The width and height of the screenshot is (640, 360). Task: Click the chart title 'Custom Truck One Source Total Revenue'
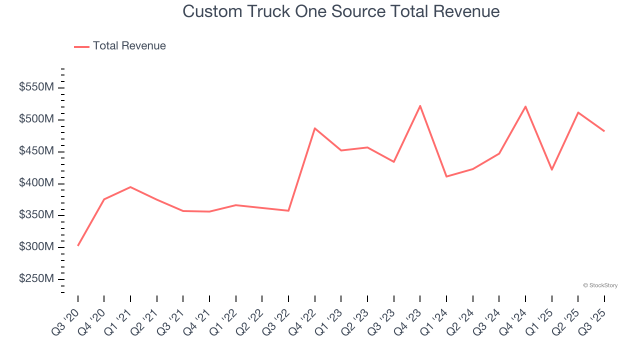click(x=341, y=11)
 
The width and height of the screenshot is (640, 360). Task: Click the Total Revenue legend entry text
click(x=129, y=46)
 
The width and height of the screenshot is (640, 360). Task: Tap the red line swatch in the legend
click(x=81, y=46)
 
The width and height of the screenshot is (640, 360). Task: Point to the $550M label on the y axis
click(x=36, y=87)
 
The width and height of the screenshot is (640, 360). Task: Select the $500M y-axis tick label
click(x=36, y=119)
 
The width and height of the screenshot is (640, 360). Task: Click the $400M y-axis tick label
click(x=36, y=183)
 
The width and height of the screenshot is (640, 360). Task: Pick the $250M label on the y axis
click(x=36, y=279)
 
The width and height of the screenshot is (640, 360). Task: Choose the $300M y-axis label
click(x=36, y=247)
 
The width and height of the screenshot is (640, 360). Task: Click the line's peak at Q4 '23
click(x=420, y=105)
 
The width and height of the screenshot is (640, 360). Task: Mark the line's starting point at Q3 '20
click(x=78, y=245)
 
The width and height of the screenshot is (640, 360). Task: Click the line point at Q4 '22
click(x=315, y=128)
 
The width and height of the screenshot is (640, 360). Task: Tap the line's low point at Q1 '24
click(x=446, y=176)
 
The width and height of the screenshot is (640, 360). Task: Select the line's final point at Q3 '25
click(x=604, y=131)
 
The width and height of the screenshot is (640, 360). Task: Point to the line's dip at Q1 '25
click(x=551, y=170)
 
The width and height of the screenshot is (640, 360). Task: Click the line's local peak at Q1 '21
click(x=130, y=187)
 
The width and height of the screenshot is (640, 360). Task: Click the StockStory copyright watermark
click(x=600, y=285)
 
